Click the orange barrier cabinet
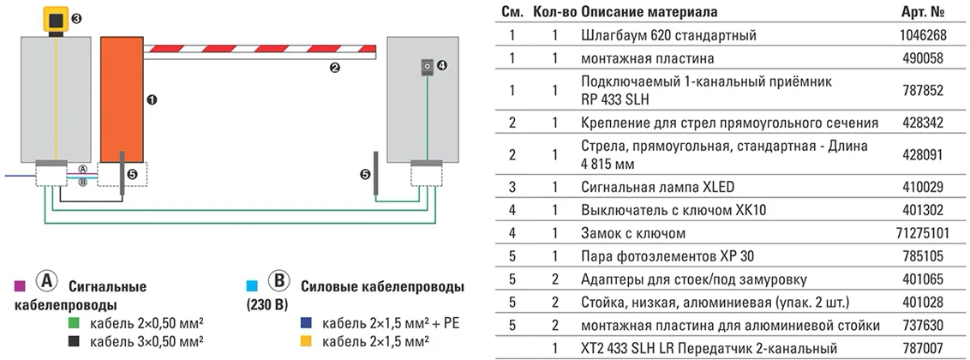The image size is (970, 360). pyautogui.click(x=121, y=99)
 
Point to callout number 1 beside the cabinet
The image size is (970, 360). pyautogui.click(x=153, y=99)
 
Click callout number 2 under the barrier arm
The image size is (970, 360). pyautogui.click(x=335, y=68)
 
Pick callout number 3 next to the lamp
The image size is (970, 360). pyautogui.click(x=76, y=18)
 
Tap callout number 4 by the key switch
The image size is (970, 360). pyautogui.click(x=442, y=65)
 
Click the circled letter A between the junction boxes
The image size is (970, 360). pyautogui.click(x=82, y=170)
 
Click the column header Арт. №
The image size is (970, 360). pyautogui.click(x=924, y=12)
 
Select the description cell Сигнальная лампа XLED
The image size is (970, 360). pyautogui.click(x=657, y=186)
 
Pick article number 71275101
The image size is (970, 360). pyautogui.click(x=919, y=232)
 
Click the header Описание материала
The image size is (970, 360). pyautogui.click(x=649, y=12)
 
